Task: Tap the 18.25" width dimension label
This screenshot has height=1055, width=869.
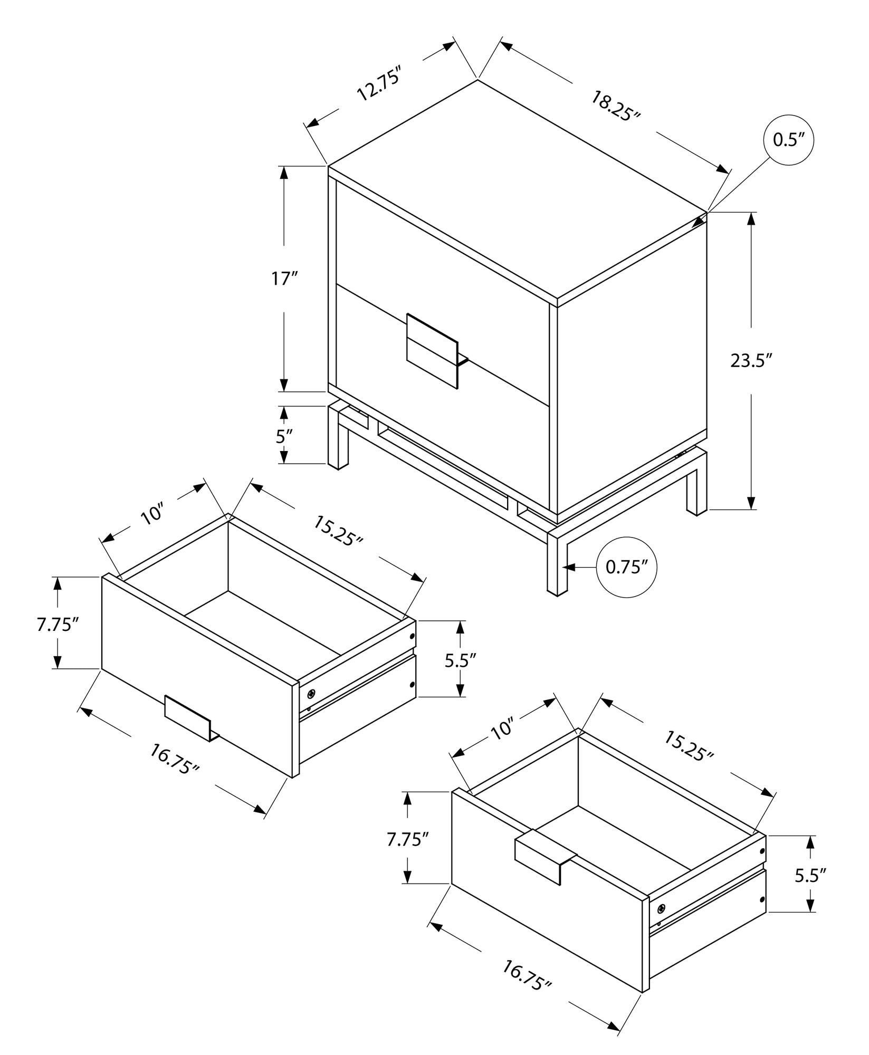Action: pyautogui.click(x=615, y=106)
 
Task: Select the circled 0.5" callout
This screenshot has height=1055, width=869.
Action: pyautogui.click(x=788, y=140)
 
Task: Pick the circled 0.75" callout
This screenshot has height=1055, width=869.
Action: pyautogui.click(x=626, y=568)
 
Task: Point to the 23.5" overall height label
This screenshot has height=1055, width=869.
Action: pyautogui.click(x=751, y=361)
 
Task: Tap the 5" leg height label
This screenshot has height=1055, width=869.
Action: pyautogui.click(x=284, y=436)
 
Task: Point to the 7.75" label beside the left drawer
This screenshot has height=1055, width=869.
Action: pyautogui.click(x=58, y=625)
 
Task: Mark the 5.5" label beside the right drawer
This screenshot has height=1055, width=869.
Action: pyautogui.click(x=810, y=876)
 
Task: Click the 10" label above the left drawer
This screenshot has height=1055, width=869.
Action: pyautogui.click(x=153, y=514)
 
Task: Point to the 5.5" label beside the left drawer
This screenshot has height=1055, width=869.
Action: pyautogui.click(x=460, y=660)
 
